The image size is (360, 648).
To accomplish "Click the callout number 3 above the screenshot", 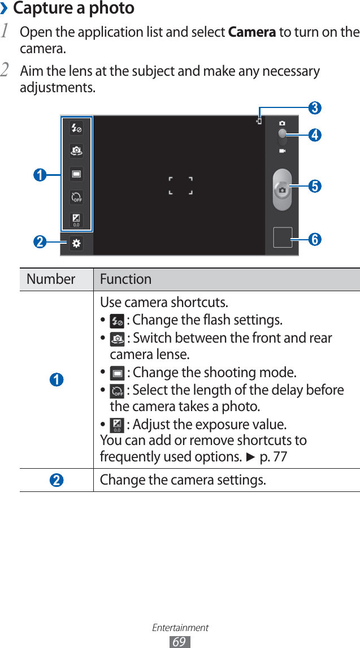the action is (x=315, y=107).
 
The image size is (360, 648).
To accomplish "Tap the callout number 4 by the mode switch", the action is (x=315, y=135).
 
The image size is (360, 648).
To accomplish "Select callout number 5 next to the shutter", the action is (x=315, y=185).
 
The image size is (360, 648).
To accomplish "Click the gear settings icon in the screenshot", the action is (x=76, y=244).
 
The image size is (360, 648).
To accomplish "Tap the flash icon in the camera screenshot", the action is (x=76, y=128).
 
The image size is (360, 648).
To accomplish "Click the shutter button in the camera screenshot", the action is (x=282, y=190).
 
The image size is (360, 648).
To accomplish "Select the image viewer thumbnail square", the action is (x=283, y=237).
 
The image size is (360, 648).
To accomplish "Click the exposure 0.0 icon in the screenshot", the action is (x=76, y=220).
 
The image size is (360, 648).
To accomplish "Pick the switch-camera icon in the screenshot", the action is (x=76, y=151).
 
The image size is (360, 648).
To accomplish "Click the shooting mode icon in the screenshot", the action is (x=76, y=174).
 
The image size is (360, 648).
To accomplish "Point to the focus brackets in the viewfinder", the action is (x=181, y=185).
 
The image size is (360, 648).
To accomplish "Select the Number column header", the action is (x=51, y=279).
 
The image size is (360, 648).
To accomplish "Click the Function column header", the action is (x=125, y=279).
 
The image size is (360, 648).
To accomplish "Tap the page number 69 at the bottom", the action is (x=180, y=642).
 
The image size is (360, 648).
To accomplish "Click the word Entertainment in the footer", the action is (x=180, y=628).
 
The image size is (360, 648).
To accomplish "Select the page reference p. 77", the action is (x=273, y=456).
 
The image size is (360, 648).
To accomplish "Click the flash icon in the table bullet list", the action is (x=117, y=321).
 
